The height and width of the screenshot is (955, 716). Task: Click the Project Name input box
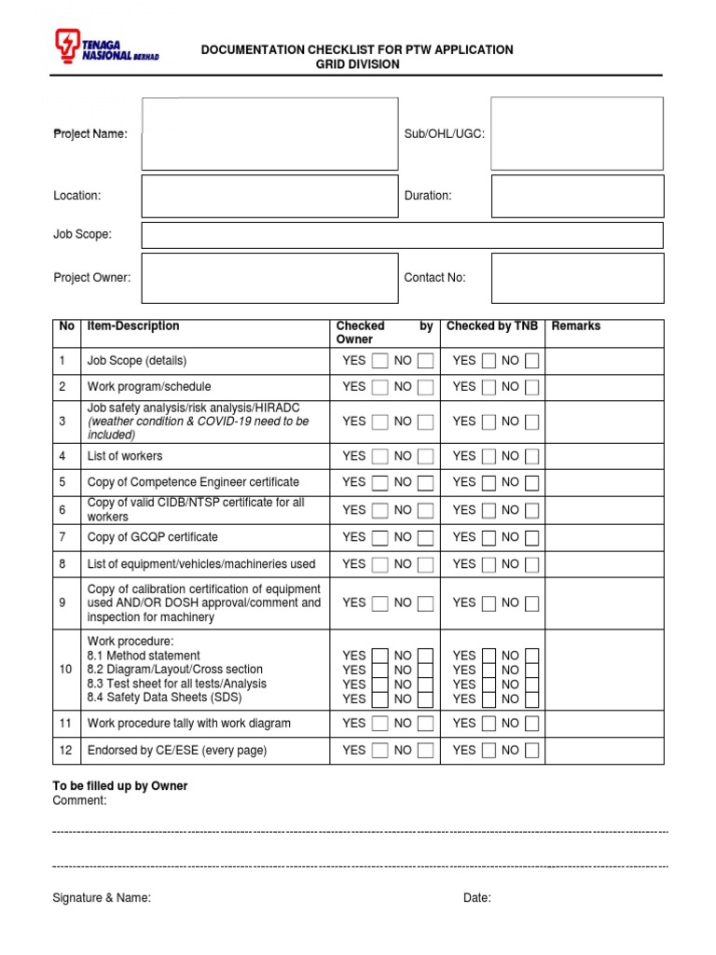[269, 134]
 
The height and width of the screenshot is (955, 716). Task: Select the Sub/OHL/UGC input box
[577, 133]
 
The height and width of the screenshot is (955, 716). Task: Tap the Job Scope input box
[402, 235]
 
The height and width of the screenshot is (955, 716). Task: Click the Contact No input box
[577, 278]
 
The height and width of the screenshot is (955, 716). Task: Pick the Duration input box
[577, 196]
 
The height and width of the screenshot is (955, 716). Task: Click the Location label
[77, 196]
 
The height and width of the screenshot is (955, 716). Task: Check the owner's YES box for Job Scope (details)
[379, 361]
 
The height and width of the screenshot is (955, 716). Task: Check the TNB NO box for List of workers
[530, 457]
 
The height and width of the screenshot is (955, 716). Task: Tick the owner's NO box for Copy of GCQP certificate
[425, 538]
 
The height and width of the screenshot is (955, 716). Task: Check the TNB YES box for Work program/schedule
[489, 387]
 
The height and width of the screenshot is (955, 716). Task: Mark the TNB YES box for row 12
[489, 751]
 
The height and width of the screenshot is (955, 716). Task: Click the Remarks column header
[576, 326]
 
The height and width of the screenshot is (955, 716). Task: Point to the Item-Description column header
[133, 326]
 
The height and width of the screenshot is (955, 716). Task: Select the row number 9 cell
[62, 603]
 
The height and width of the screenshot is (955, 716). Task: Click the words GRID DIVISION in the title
[357, 64]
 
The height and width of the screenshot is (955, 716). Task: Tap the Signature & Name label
[102, 898]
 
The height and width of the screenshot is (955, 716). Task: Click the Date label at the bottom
[477, 898]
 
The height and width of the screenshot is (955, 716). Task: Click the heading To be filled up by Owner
[120, 786]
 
